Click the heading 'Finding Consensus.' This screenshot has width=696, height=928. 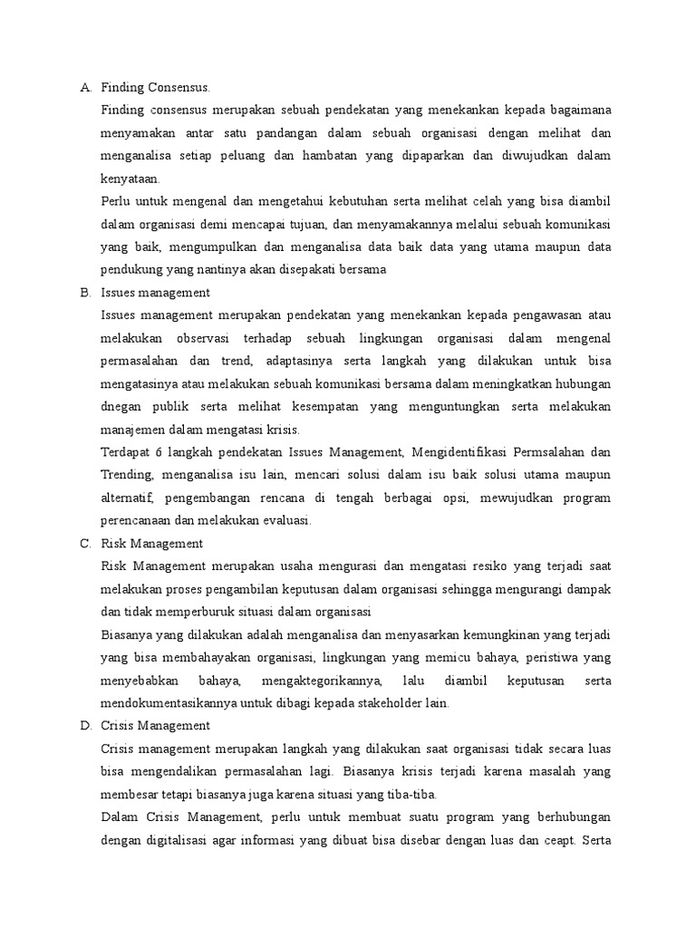[155, 88]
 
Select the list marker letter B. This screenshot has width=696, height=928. [84, 293]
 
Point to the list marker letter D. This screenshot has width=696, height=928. [84, 726]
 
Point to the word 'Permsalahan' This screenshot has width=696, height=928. [551, 452]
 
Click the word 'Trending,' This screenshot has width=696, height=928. [127, 475]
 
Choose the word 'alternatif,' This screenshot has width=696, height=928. [128, 498]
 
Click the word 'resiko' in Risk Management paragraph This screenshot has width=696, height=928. [494, 566]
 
